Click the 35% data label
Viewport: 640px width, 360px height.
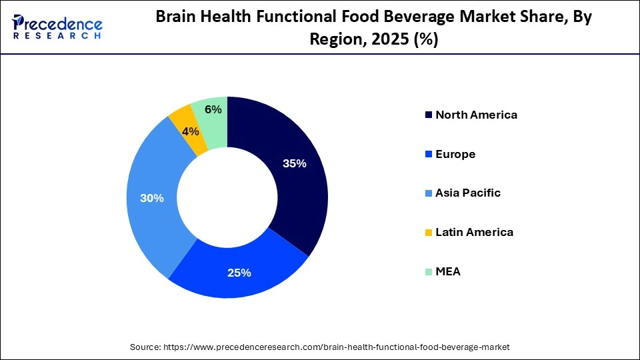coord(294,164)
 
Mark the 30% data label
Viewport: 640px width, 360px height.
coord(151,198)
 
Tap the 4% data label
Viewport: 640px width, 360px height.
coord(191,132)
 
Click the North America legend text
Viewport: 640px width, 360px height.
coord(476,115)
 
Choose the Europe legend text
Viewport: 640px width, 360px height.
coord(455,154)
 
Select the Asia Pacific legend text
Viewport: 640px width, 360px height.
coord(468,193)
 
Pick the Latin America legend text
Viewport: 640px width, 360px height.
coord(474,233)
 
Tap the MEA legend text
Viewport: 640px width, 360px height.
coord(448,272)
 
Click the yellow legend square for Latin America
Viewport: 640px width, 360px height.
coord(428,233)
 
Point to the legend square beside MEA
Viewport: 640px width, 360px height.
coord(428,272)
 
